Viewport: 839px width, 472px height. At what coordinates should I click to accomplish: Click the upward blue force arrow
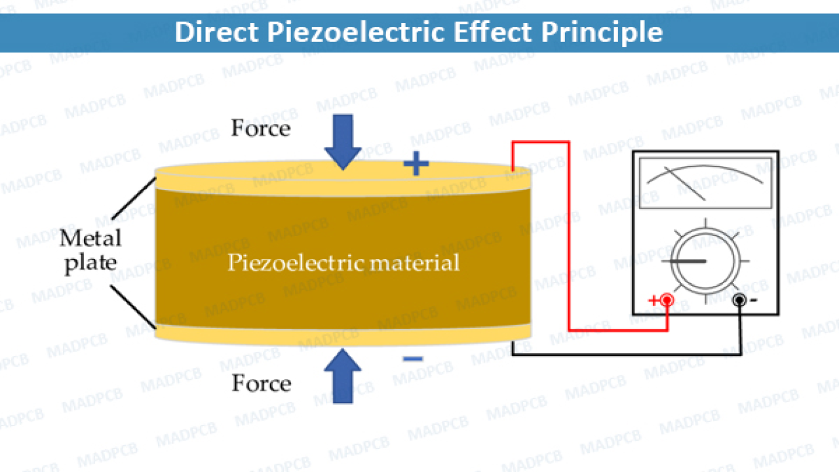pos(342,374)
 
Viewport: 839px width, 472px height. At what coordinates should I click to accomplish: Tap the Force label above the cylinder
pos(260,128)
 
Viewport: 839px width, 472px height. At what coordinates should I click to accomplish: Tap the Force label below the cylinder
pos(261,383)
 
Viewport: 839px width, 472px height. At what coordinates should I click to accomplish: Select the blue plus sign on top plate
pos(416,165)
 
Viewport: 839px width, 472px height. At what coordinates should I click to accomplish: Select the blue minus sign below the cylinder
pos(412,359)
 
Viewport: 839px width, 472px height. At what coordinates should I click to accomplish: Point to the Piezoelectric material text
pos(343,263)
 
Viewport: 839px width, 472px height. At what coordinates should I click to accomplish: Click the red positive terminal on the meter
pos(667,300)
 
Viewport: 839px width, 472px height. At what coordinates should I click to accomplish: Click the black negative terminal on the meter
pos(740,300)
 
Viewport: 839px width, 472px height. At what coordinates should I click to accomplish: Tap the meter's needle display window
pos(705,182)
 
